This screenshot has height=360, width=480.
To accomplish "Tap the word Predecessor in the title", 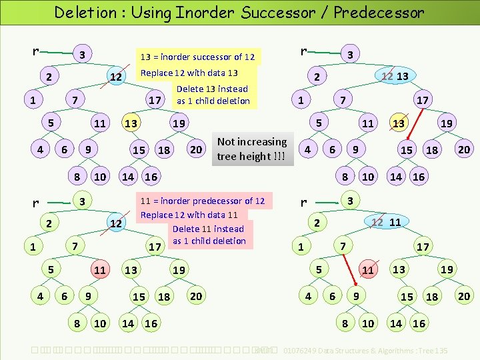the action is (379, 12).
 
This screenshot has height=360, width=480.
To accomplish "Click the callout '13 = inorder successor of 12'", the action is (197, 57).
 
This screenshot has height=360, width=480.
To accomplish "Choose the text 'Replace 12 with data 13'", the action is (189, 73).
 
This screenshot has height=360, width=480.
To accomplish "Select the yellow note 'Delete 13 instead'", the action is (212, 89).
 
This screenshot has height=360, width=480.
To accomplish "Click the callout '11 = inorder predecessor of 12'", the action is (202, 201).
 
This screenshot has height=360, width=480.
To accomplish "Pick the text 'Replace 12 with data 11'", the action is (189, 215).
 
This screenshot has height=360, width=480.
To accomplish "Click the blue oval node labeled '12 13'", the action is (394, 77).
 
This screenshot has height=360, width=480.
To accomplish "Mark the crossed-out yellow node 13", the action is (399, 123).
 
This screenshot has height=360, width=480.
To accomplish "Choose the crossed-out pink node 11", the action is (367, 270).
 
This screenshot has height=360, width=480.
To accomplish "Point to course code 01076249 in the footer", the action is (304, 350).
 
